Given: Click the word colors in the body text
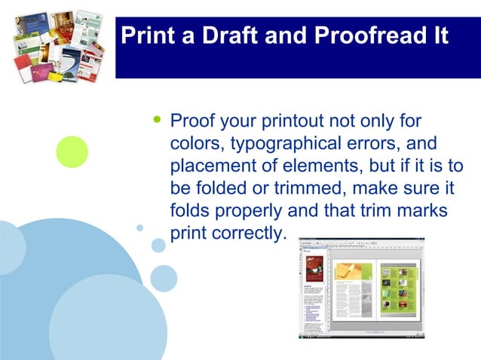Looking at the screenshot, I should pyautogui.click(x=195, y=143).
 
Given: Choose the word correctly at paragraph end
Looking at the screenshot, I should pyautogui.click(x=248, y=233).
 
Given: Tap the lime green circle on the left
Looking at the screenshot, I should pyautogui.click(x=72, y=151).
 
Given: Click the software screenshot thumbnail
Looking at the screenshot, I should pyautogui.click(x=361, y=288).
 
